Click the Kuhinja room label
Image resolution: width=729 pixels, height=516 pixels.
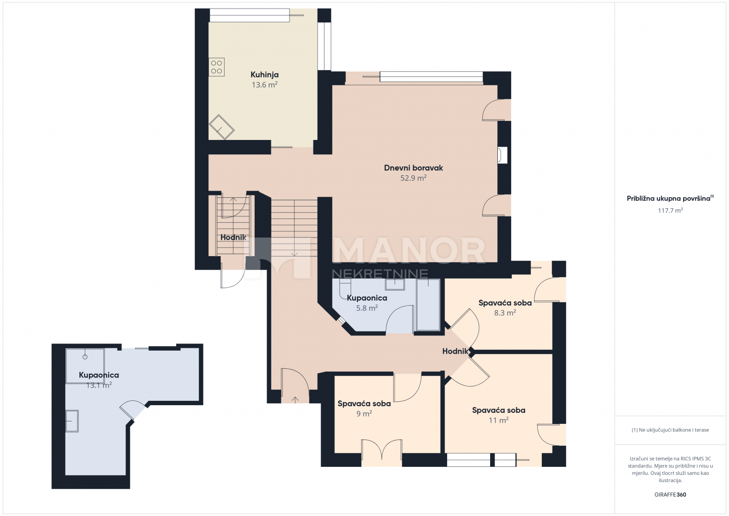point(264,75)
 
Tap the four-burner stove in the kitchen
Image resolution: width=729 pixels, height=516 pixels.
point(216,67)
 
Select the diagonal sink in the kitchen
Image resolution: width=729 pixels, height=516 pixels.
point(222,127)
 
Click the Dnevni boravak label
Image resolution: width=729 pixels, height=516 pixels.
point(413,168)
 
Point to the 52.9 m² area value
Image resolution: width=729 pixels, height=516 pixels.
point(413,178)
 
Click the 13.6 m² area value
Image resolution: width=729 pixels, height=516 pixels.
point(264,85)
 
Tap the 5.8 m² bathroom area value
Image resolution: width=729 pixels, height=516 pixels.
point(367,308)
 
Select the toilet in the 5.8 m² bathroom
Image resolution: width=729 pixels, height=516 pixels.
point(345,289)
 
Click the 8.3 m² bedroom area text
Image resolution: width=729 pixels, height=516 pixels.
point(505,312)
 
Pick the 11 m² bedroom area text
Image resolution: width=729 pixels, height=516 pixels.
point(499,420)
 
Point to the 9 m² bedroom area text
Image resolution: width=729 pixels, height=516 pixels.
point(364,413)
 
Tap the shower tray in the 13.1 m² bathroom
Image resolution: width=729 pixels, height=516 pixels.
point(85,366)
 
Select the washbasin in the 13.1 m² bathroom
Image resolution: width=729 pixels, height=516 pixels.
point(72,421)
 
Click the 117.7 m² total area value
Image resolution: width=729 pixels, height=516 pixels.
point(670,210)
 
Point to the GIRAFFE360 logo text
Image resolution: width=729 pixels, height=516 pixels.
point(670,494)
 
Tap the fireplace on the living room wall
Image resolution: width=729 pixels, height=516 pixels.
point(502,155)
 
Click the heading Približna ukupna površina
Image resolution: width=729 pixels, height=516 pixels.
point(668,199)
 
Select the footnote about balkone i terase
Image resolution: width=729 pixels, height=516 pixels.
point(670,430)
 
